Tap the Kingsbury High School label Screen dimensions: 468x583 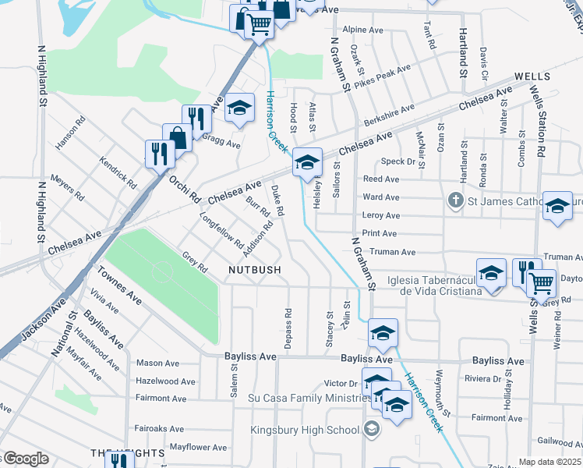coord(305,430)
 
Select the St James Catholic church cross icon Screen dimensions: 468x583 coord(456,201)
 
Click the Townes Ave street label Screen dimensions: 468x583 coord(119,286)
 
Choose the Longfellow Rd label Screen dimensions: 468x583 coord(222,230)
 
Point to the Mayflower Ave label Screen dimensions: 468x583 coord(198,448)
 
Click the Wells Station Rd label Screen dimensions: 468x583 coord(536,118)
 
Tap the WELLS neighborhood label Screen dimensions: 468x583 coord(532,76)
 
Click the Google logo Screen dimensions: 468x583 coord(25,459)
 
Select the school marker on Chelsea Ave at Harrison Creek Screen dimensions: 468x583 coord(307,162)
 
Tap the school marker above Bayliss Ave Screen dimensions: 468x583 coord(383,333)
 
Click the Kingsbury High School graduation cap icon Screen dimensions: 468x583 coord(371,430)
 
